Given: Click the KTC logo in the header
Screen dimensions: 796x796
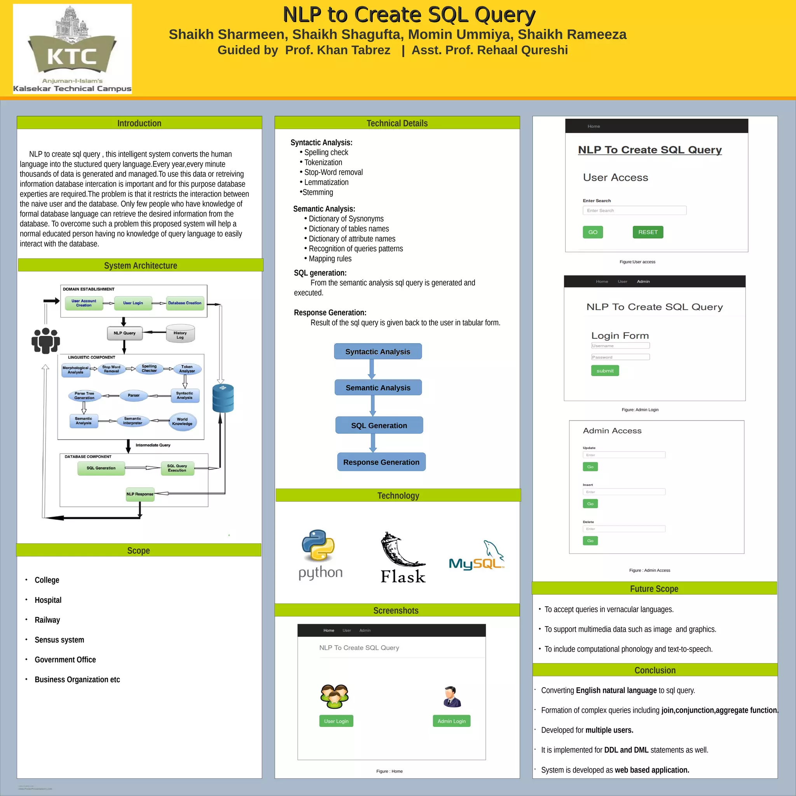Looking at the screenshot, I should tap(72, 49).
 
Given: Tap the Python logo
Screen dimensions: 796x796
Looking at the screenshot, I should tap(319, 554).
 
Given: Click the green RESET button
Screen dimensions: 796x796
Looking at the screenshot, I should tap(648, 232).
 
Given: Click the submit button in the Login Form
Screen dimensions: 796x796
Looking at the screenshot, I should tap(605, 371).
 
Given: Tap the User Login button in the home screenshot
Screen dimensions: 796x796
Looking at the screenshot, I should tap(336, 721).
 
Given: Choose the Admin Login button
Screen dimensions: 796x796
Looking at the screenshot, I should tap(452, 721).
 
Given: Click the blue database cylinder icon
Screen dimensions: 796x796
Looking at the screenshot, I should tap(223, 398).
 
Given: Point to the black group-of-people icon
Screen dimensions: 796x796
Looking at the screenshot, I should tap(46, 340).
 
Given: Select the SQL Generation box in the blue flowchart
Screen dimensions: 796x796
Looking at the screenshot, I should tap(379, 425).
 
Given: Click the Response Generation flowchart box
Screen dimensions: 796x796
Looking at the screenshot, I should tap(381, 462).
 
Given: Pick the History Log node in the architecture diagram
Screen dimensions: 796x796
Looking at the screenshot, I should tap(180, 334).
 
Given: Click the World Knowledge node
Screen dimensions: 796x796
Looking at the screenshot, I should tap(183, 421).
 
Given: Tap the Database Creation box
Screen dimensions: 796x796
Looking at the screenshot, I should tap(185, 303).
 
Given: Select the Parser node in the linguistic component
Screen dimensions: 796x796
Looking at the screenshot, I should tap(133, 396).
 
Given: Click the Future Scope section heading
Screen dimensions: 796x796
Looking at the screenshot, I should tap(654, 588).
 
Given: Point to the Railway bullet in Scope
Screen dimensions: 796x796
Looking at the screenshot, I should tap(47, 620).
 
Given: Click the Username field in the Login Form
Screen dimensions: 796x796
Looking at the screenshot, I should tap(620, 346).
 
